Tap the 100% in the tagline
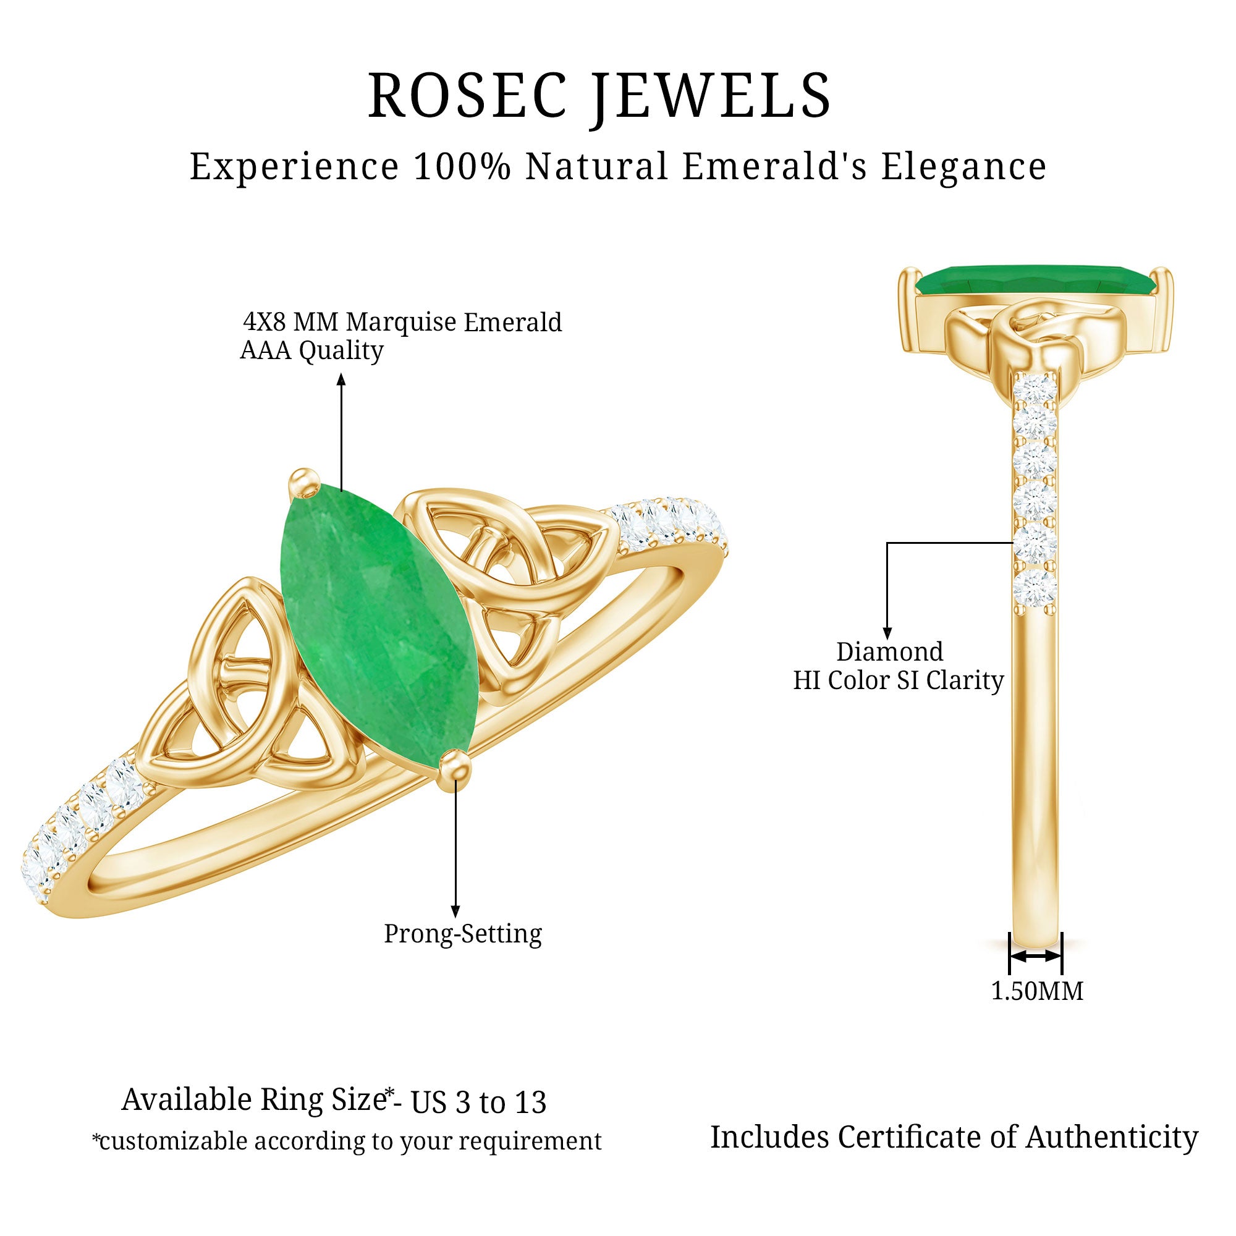462,167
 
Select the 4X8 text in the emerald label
265,322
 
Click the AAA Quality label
311,350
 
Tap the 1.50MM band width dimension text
1037,991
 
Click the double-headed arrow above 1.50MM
1035,974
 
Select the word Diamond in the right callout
889,652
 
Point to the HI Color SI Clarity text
898,680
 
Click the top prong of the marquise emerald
303,483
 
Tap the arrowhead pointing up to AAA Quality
341,380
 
